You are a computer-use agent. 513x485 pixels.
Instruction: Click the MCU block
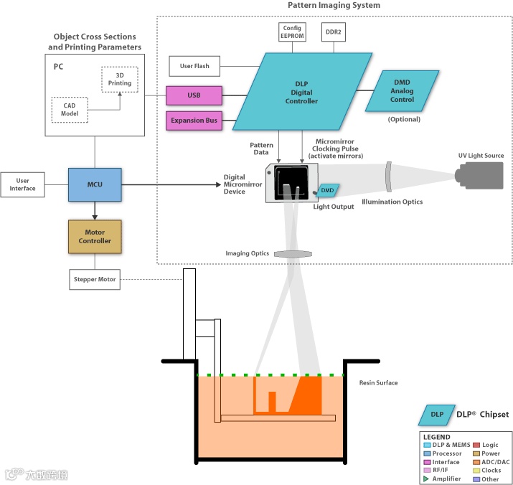tap(95, 184)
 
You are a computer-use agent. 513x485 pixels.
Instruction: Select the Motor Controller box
tap(95, 237)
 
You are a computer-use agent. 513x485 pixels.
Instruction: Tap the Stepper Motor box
tap(95, 279)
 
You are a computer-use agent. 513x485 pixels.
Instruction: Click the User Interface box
tap(22, 184)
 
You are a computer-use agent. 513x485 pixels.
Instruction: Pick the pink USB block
tap(194, 95)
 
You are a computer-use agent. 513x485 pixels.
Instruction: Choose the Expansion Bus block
tap(194, 120)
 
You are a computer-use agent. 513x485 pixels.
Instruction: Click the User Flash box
tap(194, 66)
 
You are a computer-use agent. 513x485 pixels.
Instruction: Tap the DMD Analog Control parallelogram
tap(402, 91)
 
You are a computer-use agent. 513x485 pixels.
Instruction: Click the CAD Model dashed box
tap(70, 109)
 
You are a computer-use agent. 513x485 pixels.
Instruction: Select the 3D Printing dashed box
tap(120, 79)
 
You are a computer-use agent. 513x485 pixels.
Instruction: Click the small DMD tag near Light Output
tap(327, 190)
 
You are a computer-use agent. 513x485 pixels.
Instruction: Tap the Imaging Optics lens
tap(295, 254)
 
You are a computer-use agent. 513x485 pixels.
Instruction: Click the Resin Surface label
tap(378, 383)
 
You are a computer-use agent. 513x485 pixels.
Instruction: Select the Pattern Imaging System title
tap(334, 6)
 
